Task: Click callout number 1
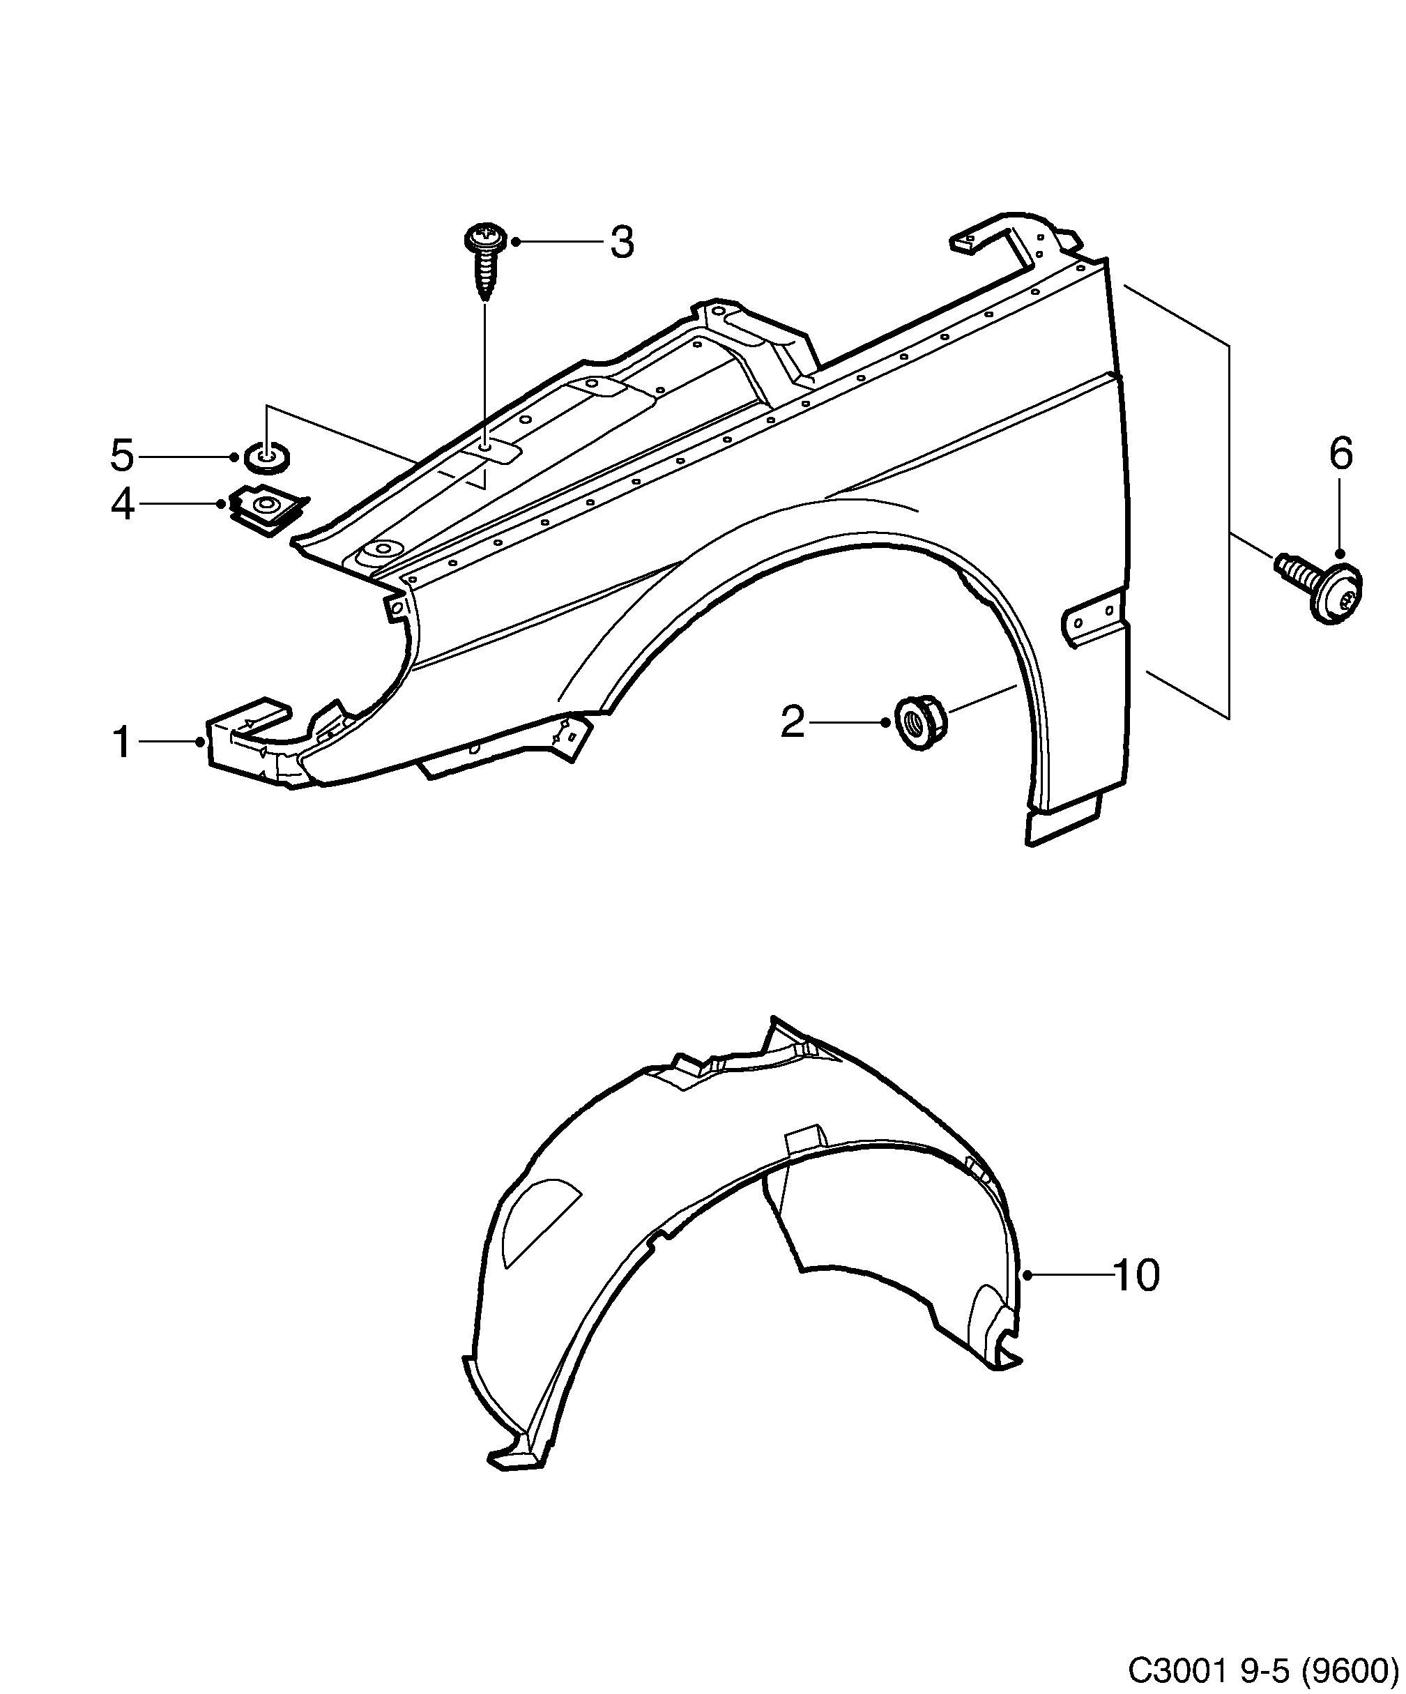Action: coord(122,742)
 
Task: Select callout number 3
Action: coord(621,242)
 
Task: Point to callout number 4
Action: coord(122,505)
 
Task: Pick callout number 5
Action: coord(122,457)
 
